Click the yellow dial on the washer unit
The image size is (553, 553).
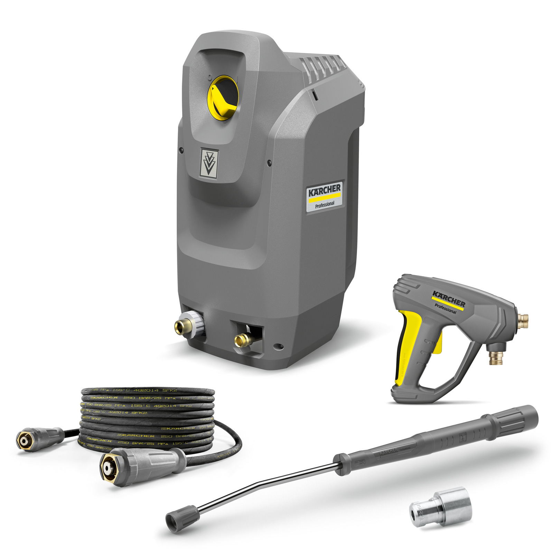pos(223,98)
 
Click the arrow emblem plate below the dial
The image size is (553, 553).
pos(209,163)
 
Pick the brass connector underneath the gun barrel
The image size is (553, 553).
pos(495,356)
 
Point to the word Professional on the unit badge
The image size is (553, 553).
pos(325,204)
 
